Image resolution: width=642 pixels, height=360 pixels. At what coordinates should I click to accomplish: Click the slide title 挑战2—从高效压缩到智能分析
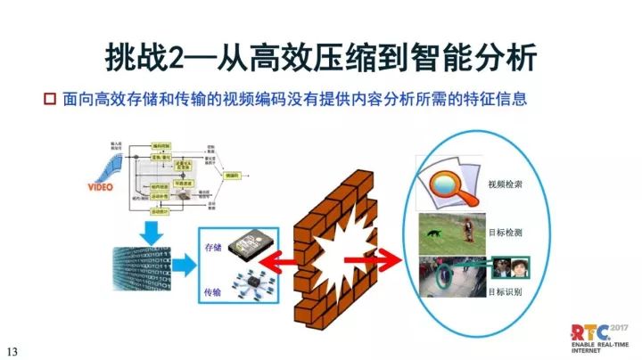pyautogui.click(x=321, y=55)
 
